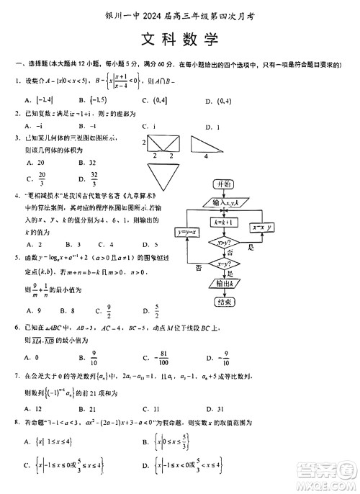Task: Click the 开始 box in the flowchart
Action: pos(225,184)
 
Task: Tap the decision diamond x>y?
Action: pos(224,243)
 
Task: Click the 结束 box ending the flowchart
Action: pos(224,301)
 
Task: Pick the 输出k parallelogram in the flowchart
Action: pos(224,284)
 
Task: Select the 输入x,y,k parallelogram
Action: pos(225,203)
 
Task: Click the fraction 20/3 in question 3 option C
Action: pos(42,177)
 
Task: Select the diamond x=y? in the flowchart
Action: pos(224,265)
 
